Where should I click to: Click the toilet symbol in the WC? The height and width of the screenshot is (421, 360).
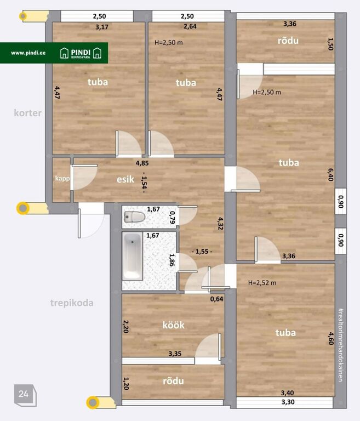[x=135, y=217]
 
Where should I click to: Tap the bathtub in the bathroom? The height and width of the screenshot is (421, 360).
[x=133, y=257]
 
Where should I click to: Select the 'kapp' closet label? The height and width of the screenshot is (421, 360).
[x=62, y=179]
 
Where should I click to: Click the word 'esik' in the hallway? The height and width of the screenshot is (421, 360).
[x=125, y=179]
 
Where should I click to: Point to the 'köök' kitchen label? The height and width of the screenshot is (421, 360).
[x=173, y=325]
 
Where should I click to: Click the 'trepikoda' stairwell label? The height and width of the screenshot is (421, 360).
[x=72, y=303]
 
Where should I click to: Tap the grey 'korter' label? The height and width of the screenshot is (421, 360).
[x=27, y=113]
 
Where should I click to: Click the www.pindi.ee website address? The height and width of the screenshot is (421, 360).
[x=28, y=53]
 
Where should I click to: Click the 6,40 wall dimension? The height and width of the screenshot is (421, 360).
[x=330, y=174]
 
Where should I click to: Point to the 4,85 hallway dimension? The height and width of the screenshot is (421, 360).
[x=142, y=163]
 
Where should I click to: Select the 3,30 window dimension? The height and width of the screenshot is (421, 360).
[x=288, y=402]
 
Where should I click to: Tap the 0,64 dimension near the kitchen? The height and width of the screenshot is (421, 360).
[x=216, y=299]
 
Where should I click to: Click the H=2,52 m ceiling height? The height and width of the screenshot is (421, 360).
[x=262, y=283]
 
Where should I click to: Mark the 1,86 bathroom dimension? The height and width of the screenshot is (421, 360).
[x=172, y=260]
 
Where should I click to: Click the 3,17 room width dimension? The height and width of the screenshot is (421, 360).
[x=102, y=27]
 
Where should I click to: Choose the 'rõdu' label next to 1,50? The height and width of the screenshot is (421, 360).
[x=288, y=40]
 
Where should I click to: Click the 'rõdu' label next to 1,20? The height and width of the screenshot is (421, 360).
[x=173, y=381]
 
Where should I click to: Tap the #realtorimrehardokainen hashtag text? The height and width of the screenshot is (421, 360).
[x=340, y=345]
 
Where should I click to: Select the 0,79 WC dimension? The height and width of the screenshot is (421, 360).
[x=173, y=218]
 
